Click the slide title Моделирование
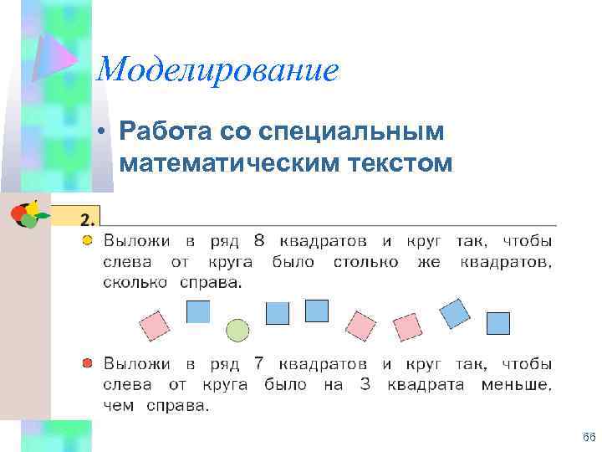click(x=217, y=70)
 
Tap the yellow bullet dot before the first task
click(x=88, y=241)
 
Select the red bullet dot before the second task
click(x=88, y=363)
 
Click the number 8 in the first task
click(x=258, y=241)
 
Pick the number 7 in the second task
click(x=259, y=364)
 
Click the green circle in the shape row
click(x=238, y=331)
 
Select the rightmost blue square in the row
click(x=498, y=323)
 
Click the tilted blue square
click(x=455, y=313)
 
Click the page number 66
click(x=588, y=438)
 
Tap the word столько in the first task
click(x=360, y=262)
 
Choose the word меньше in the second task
click(x=516, y=385)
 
